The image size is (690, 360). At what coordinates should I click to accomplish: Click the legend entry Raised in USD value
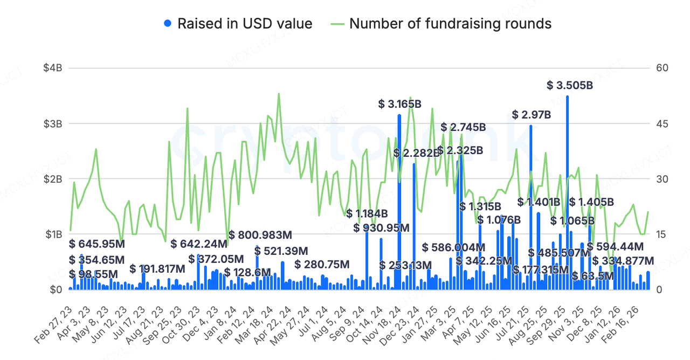tap(238, 24)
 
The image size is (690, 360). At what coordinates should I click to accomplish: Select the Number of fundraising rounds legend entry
tap(442, 24)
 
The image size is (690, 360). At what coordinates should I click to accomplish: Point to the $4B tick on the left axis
tap(54, 68)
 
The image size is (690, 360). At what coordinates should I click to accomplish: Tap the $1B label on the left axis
tap(54, 234)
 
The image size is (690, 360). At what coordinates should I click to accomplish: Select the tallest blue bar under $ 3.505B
tap(567, 194)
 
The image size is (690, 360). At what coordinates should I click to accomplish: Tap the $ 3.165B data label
tap(400, 104)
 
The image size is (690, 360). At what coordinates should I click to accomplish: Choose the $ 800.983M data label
tap(260, 235)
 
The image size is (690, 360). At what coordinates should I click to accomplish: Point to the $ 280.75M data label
tap(322, 265)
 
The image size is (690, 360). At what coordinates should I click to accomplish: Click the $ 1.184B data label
tap(367, 213)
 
